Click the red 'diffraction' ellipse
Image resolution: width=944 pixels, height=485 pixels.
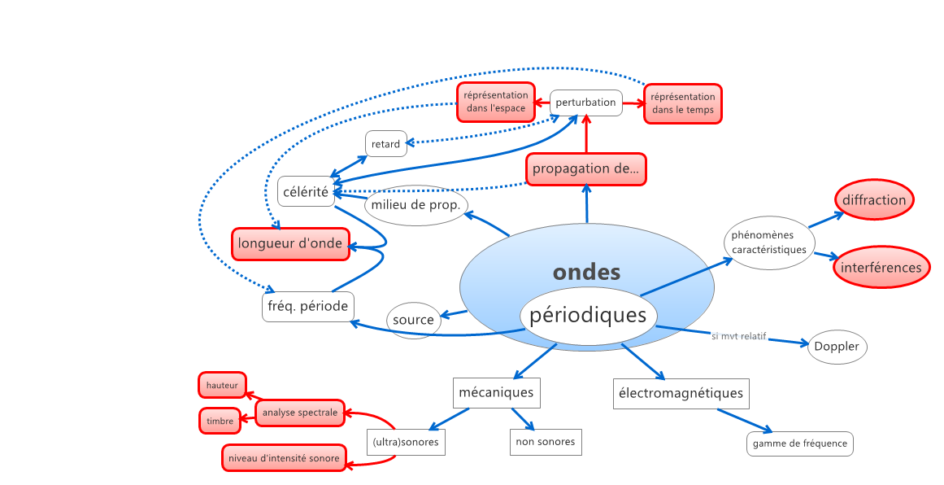pos(874,200)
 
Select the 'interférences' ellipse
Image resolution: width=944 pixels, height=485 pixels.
pos(881,267)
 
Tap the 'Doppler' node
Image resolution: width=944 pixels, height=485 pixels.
pos(837,347)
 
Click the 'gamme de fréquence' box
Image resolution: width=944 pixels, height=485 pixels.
pos(799,443)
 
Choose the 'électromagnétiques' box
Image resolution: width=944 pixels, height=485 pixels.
pos(681,393)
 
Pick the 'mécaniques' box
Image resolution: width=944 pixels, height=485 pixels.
pos(496,392)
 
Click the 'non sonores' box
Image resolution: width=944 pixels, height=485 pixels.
pos(545,442)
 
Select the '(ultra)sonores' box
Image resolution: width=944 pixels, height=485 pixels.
pos(405,443)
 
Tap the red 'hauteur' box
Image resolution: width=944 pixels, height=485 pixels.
pos(222,385)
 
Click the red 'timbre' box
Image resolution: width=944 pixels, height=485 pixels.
pos(220,421)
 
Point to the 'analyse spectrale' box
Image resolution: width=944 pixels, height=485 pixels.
pos(299,413)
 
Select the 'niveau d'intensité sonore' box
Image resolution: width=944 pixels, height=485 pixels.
pos(283,458)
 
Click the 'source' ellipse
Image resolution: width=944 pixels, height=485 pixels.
pos(413,320)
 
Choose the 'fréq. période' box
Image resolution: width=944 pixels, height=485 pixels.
pos(307,306)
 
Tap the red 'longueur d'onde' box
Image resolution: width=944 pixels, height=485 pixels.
pos(290,243)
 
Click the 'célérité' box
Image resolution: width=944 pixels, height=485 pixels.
pos(306,192)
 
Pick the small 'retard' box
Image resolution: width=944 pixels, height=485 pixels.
pos(385,144)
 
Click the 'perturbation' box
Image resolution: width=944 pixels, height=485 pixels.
pos(586,103)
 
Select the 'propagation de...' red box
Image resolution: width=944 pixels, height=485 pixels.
pos(585,169)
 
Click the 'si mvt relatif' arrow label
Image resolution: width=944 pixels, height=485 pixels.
pos(738,336)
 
